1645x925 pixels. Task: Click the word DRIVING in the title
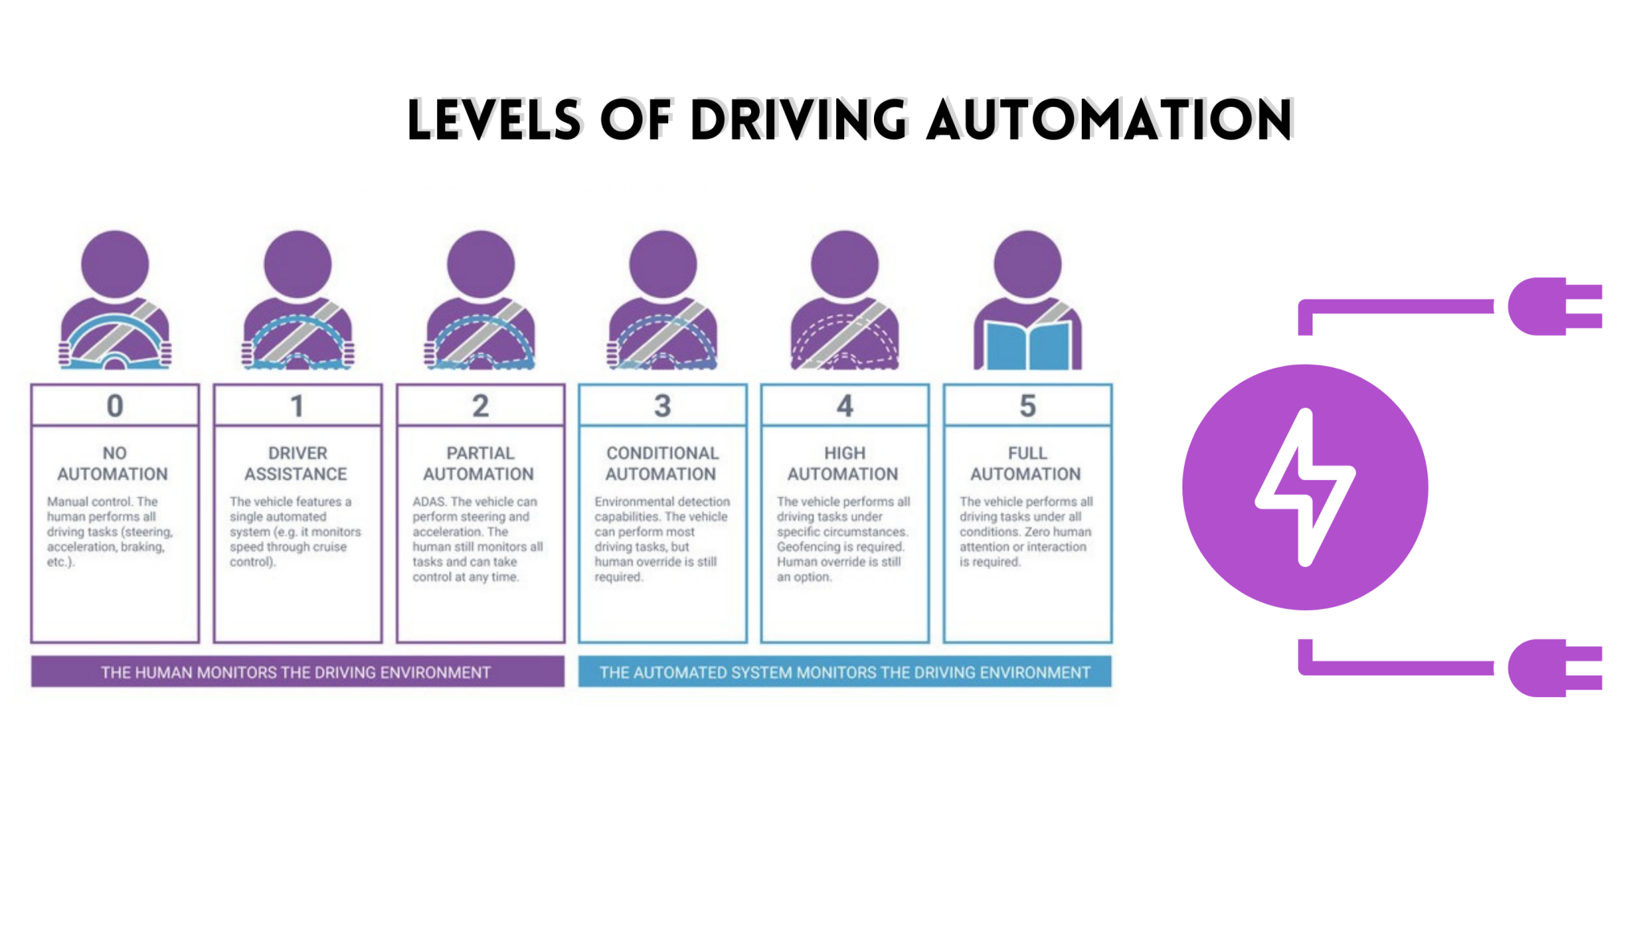pos(798,120)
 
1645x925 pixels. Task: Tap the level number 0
pos(115,406)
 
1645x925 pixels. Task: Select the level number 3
pos(662,406)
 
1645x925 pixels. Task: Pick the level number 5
pos(1027,406)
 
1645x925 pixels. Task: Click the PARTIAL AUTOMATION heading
pos(480,463)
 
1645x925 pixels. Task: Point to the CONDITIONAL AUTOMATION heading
pos(662,463)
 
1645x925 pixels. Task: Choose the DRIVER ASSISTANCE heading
pos(296,463)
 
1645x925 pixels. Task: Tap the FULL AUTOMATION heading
pos(1027,463)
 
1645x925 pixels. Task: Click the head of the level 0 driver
pos(115,264)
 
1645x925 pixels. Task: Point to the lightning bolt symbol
pos(1304,487)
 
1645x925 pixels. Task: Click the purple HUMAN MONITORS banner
pos(296,672)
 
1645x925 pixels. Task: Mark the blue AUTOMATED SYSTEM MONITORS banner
pos(844,672)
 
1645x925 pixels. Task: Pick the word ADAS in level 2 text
pos(428,502)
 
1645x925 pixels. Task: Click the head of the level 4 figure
pos(844,264)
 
